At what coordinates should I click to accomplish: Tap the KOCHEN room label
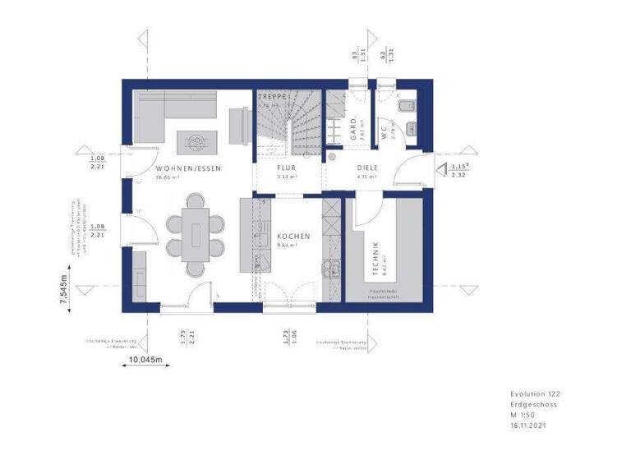click(x=293, y=237)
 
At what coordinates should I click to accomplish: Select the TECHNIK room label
click(x=375, y=255)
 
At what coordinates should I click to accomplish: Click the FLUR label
click(x=263, y=168)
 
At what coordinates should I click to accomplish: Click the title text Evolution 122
click(x=534, y=394)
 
